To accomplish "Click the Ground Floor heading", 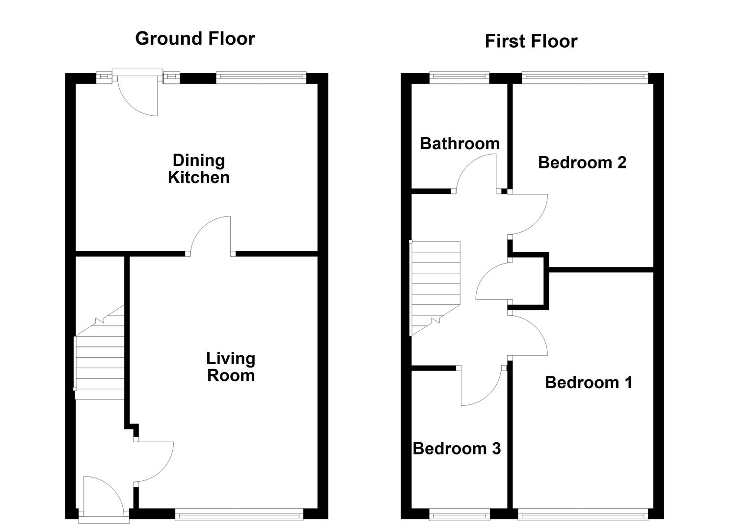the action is (195, 38).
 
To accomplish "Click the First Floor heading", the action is (531, 41).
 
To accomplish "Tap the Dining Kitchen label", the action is (199, 169).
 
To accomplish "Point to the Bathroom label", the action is (460, 143).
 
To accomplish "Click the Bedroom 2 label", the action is (582, 162).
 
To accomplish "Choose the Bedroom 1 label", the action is (589, 382).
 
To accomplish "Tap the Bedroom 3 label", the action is (457, 449).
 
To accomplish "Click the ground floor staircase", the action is (100, 353).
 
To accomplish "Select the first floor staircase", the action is (435, 288).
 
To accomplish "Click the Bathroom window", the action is (459, 77).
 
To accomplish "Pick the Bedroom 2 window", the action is (585, 77).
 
